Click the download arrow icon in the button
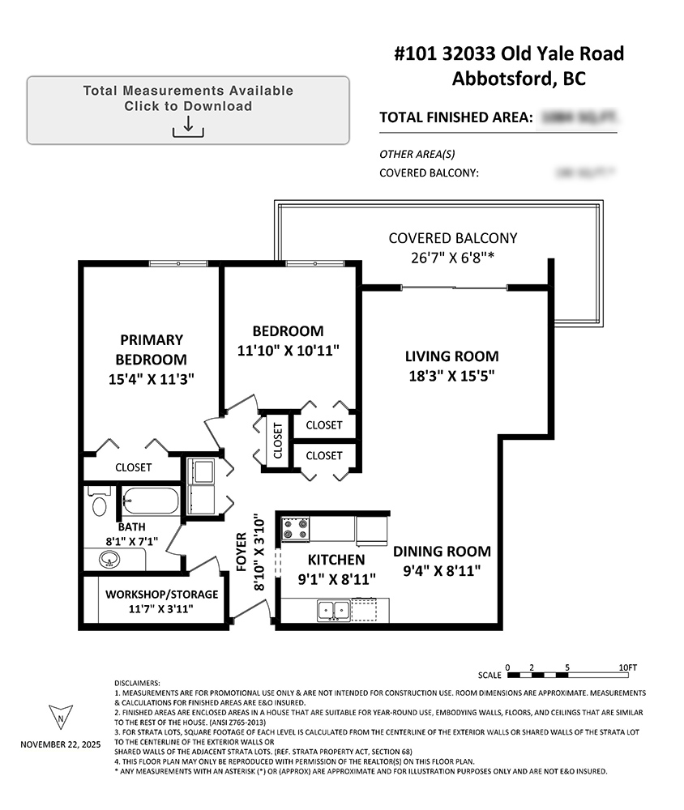point(188,126)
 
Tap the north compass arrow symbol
point(61,716)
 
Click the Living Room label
point(452,356)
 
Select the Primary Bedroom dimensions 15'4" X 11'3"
point(152,378)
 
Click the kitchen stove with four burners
point(296,529)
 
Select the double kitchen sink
point(333,609)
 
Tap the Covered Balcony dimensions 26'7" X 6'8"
point(452,258)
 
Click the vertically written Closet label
point(277,441)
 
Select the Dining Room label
point(442,552)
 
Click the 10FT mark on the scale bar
point(627,667)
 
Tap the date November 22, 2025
point(61,743)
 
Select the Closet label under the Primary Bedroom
point(133,467)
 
